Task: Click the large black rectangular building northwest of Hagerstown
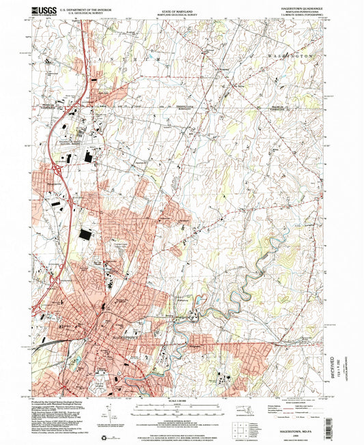[85, 235]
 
